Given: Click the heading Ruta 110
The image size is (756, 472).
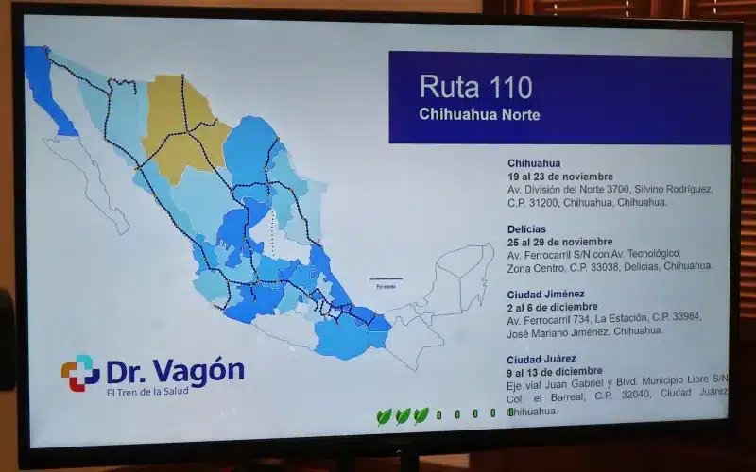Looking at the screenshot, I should pyautogui.click(x=475, y=88).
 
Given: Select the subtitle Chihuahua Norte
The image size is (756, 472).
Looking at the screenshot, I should pyautogui.click(x=479, y=115).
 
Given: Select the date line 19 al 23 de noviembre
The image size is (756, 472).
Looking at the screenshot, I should pyautogui.click(x=559, y=177).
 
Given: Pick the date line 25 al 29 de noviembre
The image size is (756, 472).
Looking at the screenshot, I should pyautogui.click(x=559, y=241).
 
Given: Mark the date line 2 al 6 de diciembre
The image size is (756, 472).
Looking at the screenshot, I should pyautogui.click(x=552, y=307).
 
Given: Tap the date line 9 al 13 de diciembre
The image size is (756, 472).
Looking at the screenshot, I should pyautogui.click(x=555, y=371).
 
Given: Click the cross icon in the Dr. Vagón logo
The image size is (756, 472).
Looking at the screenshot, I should pyautogui.click(x=80, y=372).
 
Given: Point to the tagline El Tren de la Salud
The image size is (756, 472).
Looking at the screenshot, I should pyautogui.click(x=146, y=391).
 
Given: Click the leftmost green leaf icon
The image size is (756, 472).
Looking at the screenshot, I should pyautogui.click(x=384, y=415).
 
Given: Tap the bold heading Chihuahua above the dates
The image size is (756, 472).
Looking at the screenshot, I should pyautogui.click(x=534, y=163).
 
